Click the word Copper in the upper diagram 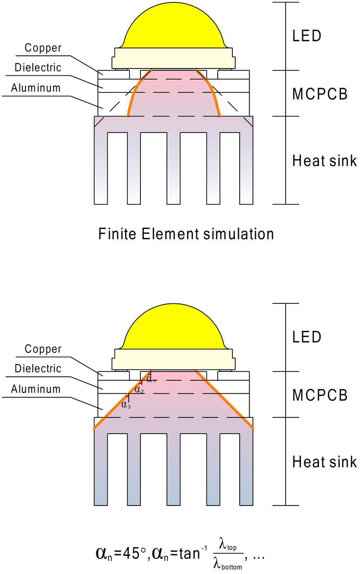point(43,48)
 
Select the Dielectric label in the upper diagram point(38,68)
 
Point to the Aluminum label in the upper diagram point(36,88)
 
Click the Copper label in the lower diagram point(43,349)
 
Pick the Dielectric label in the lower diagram point(38,368)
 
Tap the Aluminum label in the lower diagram point(36,389)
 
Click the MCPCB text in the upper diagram point(320,94)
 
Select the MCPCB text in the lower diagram point(320,395)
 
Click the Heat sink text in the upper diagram point(324,161)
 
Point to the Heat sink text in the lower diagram point(324,462)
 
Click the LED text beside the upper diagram point(307,36)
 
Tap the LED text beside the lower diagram point(307,337)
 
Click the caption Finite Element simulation point(186,233)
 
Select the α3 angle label point(126,405)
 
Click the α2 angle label point(139,390)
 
